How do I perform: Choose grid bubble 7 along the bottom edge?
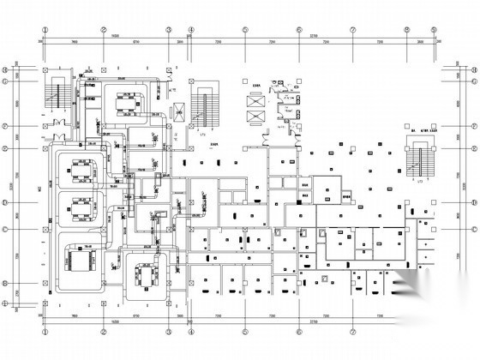[352, 330]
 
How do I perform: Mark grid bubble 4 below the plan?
[192, 330]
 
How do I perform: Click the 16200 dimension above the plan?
[112, 37]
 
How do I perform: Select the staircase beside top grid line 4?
[203, 107]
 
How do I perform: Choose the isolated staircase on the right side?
[418, 162]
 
